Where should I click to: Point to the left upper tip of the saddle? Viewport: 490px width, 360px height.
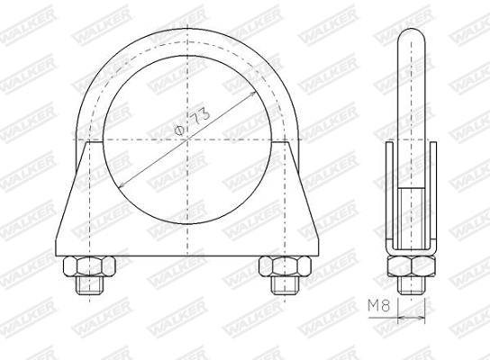[x=88, y=144]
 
